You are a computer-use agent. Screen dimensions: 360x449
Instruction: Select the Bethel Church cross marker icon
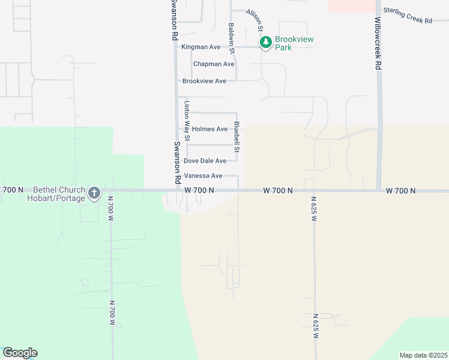[94, 193]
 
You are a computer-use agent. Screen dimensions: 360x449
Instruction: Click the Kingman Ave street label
[201, 47]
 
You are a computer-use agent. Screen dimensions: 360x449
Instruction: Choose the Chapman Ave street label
[214, 64]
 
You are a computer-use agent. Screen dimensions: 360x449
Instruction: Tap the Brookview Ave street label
[204, 81]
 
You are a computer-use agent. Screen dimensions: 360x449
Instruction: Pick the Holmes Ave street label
[209, 129]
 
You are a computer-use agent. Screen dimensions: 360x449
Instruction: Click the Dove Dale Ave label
[205, 161]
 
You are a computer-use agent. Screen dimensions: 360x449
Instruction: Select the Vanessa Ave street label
[203, 176]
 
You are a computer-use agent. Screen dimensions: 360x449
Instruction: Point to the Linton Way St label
[187, 121]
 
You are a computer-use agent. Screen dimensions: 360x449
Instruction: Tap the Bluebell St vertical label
[237, 137]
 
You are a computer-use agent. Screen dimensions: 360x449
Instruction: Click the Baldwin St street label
[232, 38]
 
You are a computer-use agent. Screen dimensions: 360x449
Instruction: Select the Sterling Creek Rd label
[408, 16]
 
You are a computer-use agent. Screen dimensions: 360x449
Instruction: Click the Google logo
[20, 353]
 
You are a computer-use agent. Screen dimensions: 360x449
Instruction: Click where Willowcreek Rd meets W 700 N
[379, 191]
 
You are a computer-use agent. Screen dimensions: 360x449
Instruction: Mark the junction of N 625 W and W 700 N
[313, 191]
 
